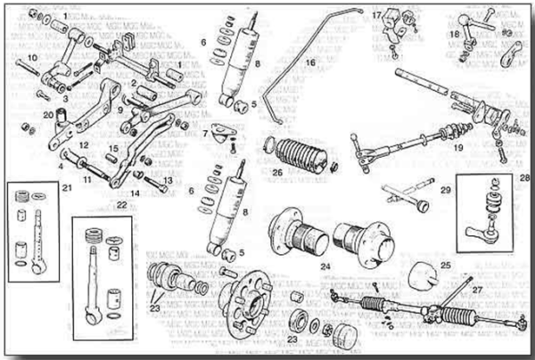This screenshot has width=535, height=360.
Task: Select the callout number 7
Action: (205, 135)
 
